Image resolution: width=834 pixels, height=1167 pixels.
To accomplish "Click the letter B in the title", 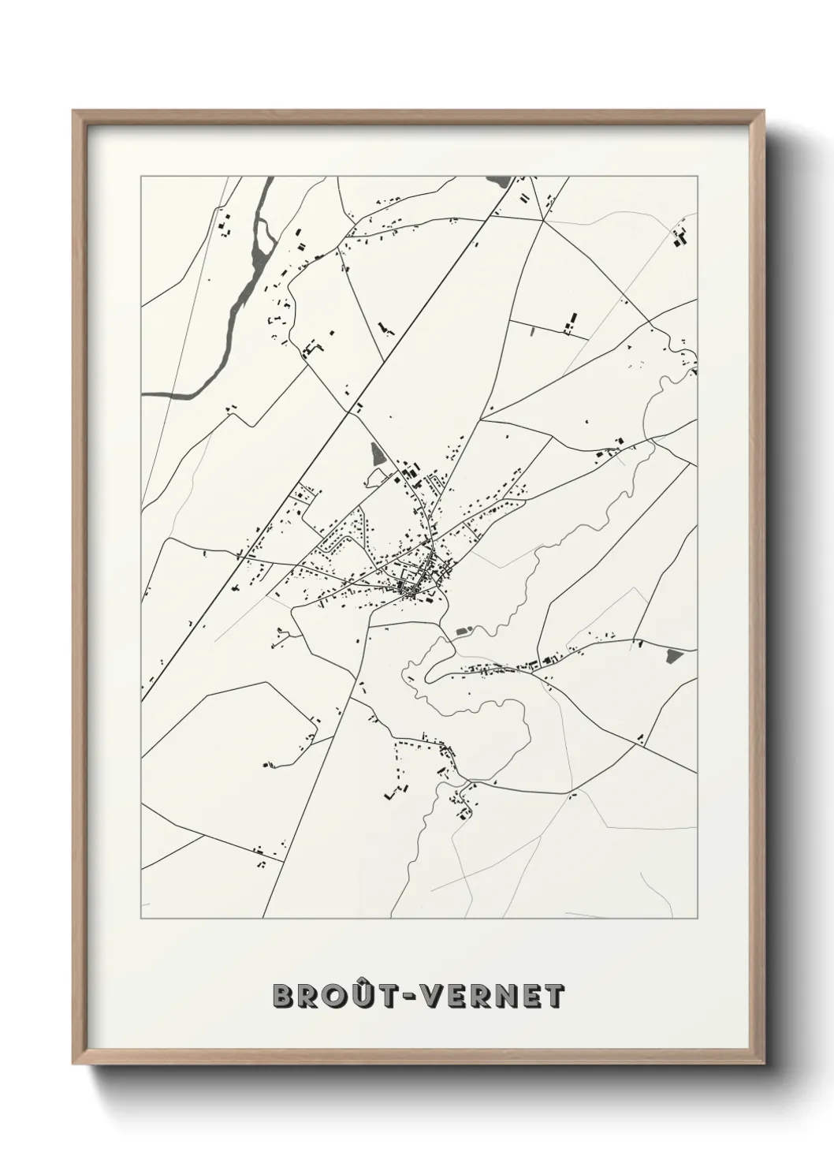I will pos(285,996).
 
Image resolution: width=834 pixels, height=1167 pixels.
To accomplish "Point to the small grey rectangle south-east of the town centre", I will pos(463,631).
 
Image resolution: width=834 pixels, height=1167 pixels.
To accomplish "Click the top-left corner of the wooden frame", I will pos(73,112).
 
